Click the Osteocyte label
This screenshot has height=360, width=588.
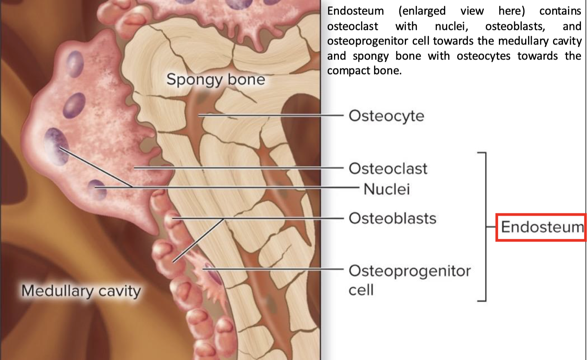[x=386, y=115]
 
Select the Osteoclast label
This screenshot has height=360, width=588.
[x=388, y=168]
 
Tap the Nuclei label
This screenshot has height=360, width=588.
[x=386, y=189]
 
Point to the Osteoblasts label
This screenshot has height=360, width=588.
[x=392, y=218]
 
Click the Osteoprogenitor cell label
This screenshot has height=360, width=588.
[x=409, y=280]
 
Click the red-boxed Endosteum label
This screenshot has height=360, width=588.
[x=542, y=227]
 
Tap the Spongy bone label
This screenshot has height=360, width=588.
[x=215, y=79]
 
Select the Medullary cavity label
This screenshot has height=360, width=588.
[x=81, y=290]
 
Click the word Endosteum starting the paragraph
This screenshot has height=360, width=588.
[x=355, y=11]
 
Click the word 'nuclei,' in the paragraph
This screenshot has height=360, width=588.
[x=451, y=26]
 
